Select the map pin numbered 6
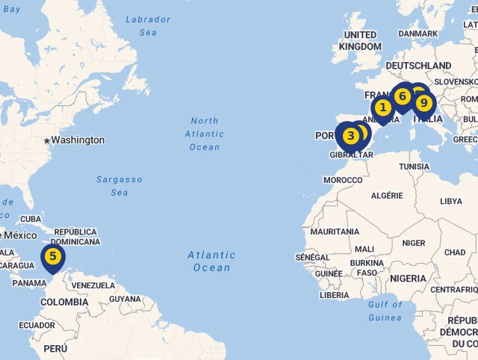(x=403, y=96)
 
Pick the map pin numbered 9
(x=423, y=102)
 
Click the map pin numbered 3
(x=350, y=136)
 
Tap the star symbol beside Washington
(x=46, y=140)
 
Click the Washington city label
(x=78, y=140)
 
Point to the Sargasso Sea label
(x=119, y=186)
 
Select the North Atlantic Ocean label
(x=204, y=134)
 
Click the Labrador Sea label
(x=148, y=25)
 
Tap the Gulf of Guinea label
(x=385, y=311)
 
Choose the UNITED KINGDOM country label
(x=360, y=40)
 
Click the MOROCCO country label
(x=343, y=180)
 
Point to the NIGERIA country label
(x=408, y=279)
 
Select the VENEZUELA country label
(x=93, y=285)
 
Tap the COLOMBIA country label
(x=64, y=302)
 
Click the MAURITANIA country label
(x=335, y=232)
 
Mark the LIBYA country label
(x=451, y=201)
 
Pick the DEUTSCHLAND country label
(x=418, y=66)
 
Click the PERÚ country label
(x=55, y=349)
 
